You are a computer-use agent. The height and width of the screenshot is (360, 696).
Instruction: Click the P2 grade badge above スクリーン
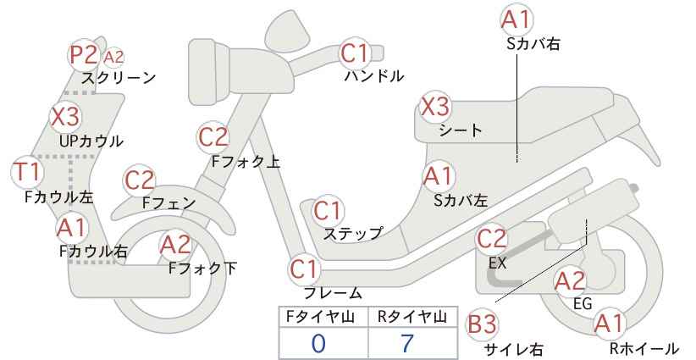[x=85, y=55]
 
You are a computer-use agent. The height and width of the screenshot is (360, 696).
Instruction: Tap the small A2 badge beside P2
[x=113, y=58]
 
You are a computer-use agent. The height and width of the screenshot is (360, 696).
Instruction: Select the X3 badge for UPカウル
[x=65, y=117]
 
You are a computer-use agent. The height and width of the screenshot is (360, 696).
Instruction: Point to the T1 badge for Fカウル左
[x=27, y=172]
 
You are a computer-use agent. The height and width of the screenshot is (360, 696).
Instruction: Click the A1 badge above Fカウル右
[x=71, y=228]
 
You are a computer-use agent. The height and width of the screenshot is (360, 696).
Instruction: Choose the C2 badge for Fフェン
[x=140, y=180]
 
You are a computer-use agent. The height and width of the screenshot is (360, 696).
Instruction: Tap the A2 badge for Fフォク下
[x=175, y=245]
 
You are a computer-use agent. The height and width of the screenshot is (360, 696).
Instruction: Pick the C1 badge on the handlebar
[x=355, y=53]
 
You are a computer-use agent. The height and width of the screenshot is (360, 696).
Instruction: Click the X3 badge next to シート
[x=435, y=107]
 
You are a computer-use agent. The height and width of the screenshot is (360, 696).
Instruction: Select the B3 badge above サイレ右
[x=482, y=324]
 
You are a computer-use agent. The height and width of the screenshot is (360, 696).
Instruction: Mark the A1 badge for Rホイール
[x=609, y=324]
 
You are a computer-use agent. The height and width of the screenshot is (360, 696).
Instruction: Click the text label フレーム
[x=333, y=293]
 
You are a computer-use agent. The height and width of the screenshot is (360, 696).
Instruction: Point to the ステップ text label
[x=353, y=234]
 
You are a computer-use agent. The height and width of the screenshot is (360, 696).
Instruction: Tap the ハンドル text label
[x=374, y=76]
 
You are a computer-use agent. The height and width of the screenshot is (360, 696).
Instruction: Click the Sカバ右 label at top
[x=533, y=43]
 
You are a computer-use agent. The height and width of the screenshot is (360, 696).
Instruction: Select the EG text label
[x=583, y=303]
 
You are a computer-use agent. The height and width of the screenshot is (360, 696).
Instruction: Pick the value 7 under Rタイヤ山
[x=407, y=343]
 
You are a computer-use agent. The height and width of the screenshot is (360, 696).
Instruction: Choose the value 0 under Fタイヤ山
[x=318, y=344]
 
